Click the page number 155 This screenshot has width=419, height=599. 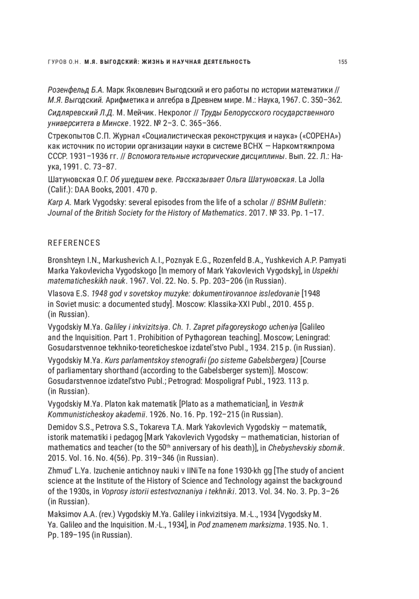[x=342, y=62]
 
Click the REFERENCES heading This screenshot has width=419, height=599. [x=74, y=243]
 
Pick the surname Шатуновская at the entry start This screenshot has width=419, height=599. [x=69, y=180]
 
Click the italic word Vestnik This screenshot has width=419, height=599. [x=292, y=404]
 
